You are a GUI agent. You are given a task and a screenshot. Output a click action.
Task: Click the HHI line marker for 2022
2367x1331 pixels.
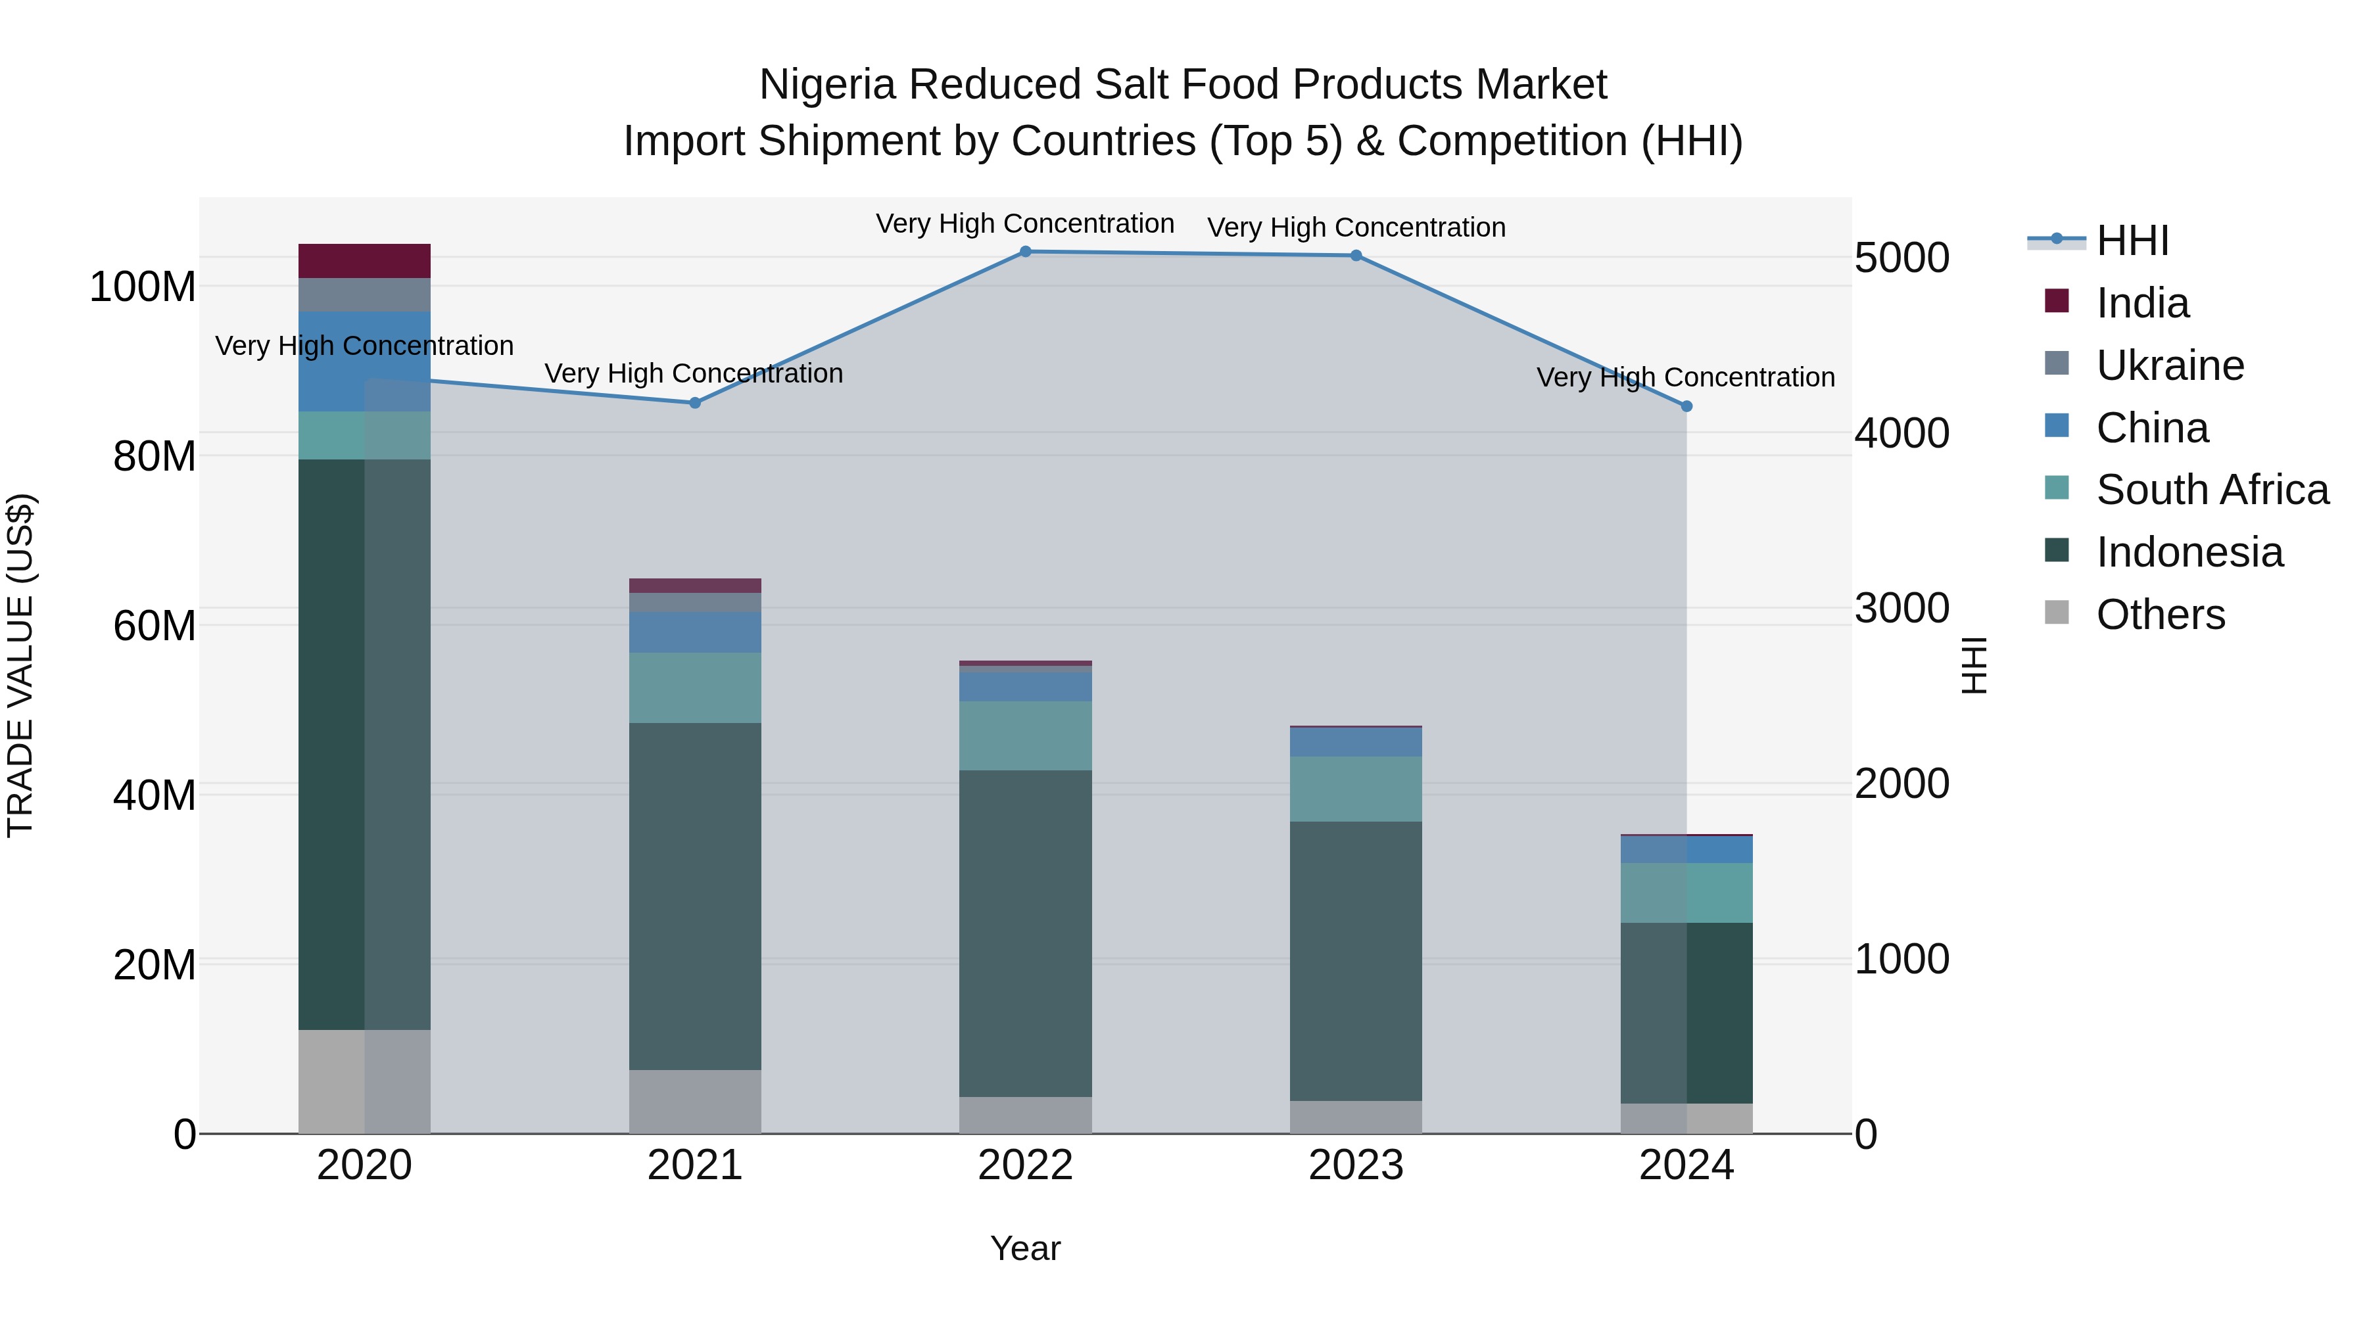tap(1026, 252)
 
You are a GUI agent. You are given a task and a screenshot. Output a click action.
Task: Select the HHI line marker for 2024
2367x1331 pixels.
tap(1686, 407)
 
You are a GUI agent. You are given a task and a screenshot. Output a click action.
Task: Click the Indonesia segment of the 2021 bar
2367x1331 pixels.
tap(695, 896)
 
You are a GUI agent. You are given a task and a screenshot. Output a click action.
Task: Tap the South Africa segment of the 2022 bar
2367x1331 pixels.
tap(1026, 736)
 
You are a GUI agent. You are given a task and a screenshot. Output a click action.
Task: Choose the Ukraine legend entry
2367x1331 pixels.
tap(2170, 365)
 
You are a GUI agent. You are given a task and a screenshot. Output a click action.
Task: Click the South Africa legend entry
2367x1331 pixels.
tap(2212, 490)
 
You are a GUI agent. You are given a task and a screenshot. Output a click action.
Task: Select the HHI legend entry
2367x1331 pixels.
tap(2132, 241)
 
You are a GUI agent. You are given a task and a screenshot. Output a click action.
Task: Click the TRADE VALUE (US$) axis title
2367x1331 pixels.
tap(20, 665)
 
